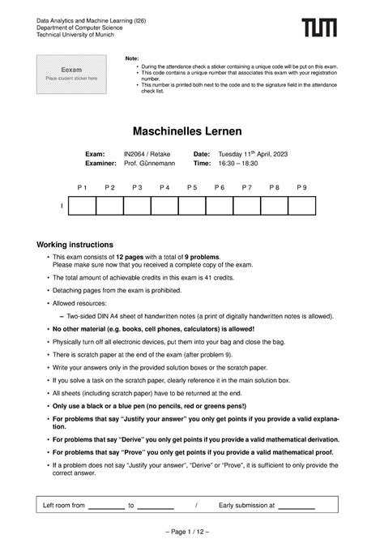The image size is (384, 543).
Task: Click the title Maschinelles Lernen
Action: [191, 130]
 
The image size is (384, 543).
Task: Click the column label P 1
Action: [82, 187]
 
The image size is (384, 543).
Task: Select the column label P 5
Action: [192, 187]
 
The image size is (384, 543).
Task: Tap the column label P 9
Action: [301, 187]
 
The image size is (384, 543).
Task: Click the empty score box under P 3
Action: [137, 206]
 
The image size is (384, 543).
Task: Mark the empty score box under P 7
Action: [247, 206]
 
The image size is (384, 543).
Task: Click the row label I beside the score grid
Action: [61, 207]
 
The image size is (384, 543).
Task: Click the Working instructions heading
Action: [75, 245]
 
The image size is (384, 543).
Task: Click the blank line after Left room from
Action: [106, 507]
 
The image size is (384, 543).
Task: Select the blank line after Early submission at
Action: [297, 507]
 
